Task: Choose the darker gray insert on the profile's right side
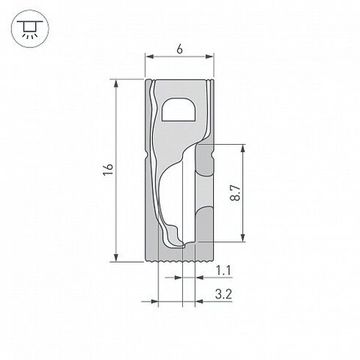[204, 195]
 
